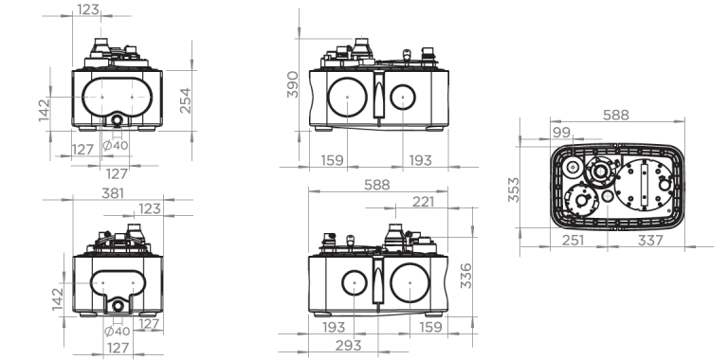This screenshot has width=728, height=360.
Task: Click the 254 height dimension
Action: click(x=185, y=100)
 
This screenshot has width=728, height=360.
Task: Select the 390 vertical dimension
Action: click(x=293, y=84)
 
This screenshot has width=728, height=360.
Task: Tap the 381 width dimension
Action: click(x=113, y=193)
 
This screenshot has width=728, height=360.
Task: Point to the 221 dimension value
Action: click(x=424, y=202)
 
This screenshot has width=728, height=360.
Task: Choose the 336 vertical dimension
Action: click(x=465, y=276)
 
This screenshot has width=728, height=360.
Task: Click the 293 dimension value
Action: click(x=348, y=345)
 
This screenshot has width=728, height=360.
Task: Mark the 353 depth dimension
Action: click(x=514, y=189)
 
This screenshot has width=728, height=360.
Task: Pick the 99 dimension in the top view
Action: click(x=561, y=133)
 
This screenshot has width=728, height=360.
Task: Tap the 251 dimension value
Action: click(x=573, y=241)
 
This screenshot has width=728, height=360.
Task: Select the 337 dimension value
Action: click(x=650, y=241)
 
